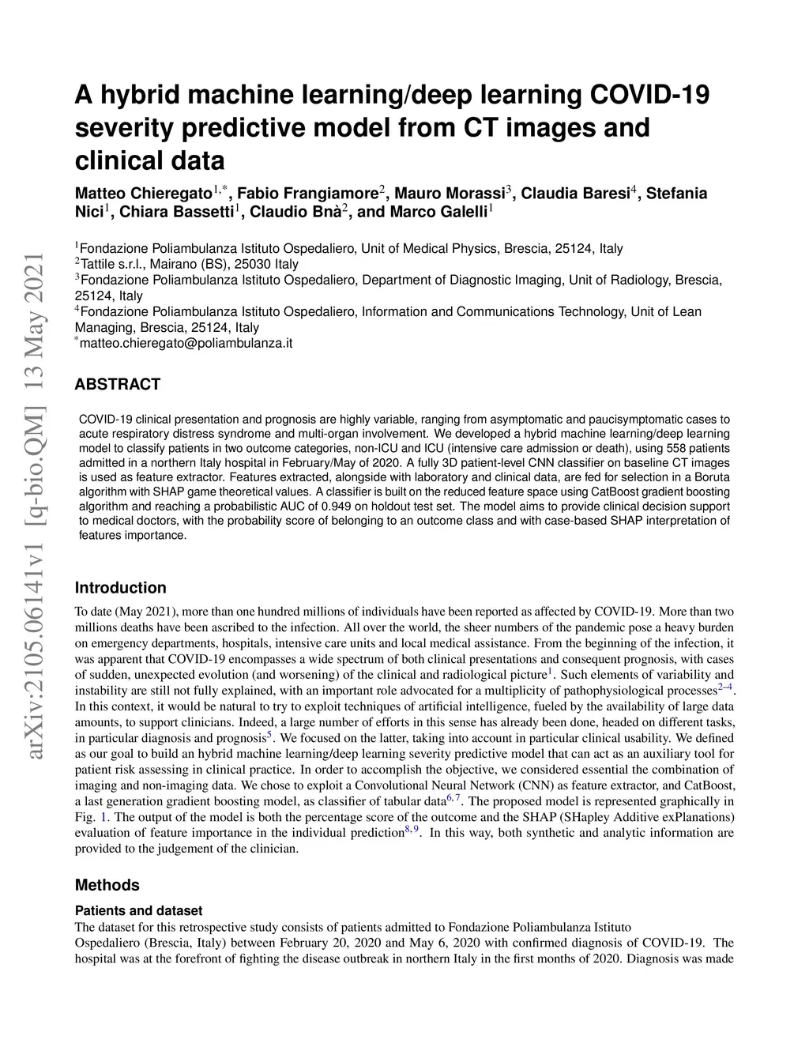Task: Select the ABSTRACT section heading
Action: pos(117,385)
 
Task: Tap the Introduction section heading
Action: pos(120,588)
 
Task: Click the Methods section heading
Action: pos(107,885)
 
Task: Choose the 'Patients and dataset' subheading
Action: pos(138,910)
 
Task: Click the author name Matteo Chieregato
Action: pos(143,194)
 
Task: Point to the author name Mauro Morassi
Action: pos(449,194)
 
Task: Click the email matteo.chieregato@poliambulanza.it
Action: pos(186,344)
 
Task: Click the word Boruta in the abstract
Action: pos(710,477)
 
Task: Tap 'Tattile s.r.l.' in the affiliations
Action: pos(111,264)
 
